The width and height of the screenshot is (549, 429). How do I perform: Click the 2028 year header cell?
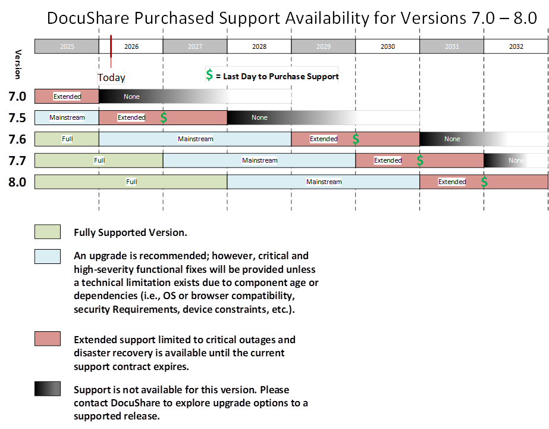[x=259, y=46]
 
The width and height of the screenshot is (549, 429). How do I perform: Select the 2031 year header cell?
[x=451, y=46]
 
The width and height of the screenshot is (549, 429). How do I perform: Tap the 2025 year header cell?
[x=67, y=46]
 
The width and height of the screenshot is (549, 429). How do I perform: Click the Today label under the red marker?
[x=111, y=77]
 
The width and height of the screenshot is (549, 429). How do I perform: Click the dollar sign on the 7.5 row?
[x=164, y=117]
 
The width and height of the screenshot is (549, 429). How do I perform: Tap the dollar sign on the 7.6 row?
[x=356, y=139]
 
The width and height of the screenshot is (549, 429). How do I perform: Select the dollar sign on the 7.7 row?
[x=420, y=160]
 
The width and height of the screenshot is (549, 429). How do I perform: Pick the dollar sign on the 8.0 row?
[x=484, y=182]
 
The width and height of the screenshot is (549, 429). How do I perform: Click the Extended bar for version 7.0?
[x=67, y=96]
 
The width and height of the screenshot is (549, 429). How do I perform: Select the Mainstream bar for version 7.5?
[x=67, y=117]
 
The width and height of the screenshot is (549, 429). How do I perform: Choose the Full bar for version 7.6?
[x=67, y=139]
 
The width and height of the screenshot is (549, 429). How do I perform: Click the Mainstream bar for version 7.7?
[x=259, y=160]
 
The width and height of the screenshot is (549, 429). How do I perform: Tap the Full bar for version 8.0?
[x=131, y=182]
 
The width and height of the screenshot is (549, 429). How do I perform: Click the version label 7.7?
[x=17, y=160]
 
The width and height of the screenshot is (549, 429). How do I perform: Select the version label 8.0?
[x=17, y=182]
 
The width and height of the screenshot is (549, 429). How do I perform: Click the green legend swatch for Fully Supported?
[x=48, y=232]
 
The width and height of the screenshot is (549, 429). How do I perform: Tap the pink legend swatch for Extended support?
[x=48, y=339]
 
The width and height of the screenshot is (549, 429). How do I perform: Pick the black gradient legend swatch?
[x=48, y=389]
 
